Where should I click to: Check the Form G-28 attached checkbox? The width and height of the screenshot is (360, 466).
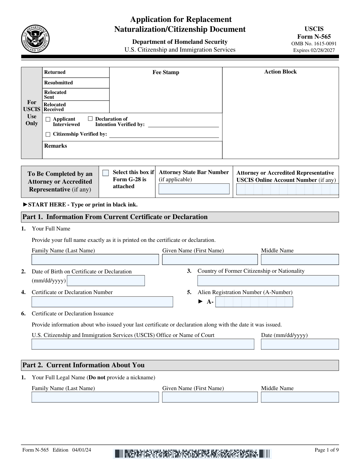pyautogui.click(x=106, y=173)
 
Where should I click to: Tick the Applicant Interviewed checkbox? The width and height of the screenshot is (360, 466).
pyautogui.click(x=48, y=119)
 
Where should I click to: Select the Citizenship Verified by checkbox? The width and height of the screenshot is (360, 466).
pyautogui.click(x=48, y=134)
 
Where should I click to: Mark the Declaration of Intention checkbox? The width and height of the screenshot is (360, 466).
pyautogui.click(x=90, y=119)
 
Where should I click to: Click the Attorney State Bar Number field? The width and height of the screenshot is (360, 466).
pyautogui.click(x=194, y=189)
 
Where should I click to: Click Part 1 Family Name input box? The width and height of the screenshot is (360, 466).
pyautogui.click(x=95, y=260)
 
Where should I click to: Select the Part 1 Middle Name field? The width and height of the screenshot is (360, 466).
pyautogui.click(x=300, y=260)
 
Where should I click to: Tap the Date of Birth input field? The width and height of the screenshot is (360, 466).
pyautogui.click(x=106, y=281)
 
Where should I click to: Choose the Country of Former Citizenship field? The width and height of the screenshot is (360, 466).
pyautogui.click(x=268, y=281)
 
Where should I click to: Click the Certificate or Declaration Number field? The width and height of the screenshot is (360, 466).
pyautogui.click(x=102, y=302)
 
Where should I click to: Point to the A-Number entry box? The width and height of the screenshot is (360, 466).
pyautogui.click(x=254, y=302)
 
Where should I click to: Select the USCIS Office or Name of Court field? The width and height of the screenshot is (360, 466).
pyautogui.click(x=143, y=344)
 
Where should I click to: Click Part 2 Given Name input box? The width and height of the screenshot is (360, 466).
pyautogui.click(x=210, y=397)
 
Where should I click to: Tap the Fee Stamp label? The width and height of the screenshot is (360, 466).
pyautogui.click(x=166, y=72)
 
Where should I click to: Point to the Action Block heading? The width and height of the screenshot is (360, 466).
pyautogui.click(x=280, y=72)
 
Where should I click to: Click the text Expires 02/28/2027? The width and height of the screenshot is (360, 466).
pyautogui.click(x=314, y=50)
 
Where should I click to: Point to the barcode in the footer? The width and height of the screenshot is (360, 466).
pyautogui.click(x=192, y=453)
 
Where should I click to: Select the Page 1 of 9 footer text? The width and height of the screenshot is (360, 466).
pyautogui.click(x=326, y=450)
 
